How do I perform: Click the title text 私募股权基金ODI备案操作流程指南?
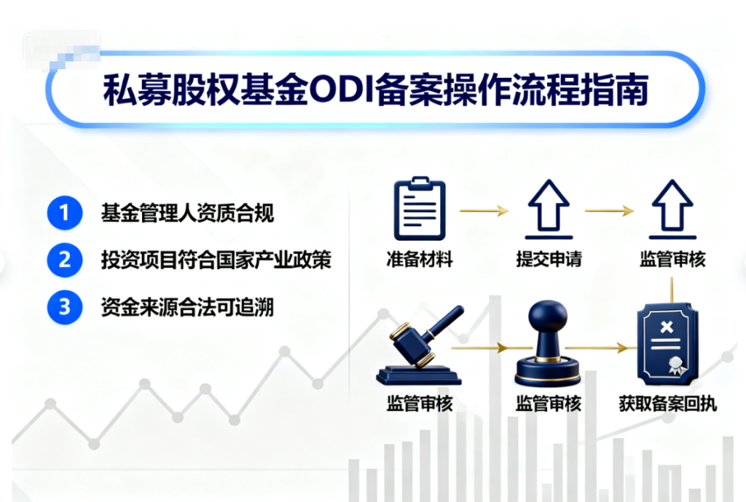coord(375,92)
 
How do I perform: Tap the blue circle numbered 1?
coord(63,213)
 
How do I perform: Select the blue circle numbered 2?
coord(63,260)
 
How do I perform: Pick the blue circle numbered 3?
coord(63,307)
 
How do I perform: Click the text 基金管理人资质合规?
coord(187,214)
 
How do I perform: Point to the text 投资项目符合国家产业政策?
coord(216,260)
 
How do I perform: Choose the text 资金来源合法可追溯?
coord(187,307)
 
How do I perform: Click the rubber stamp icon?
coord(547,346)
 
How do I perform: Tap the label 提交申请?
coord(549,259)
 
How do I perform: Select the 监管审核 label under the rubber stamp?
coord(548,403)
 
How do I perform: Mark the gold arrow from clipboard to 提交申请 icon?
coord(484,211)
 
